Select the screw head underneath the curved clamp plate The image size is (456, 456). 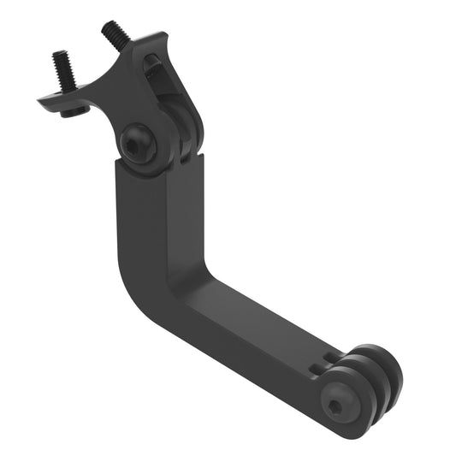click(x=73, y=110)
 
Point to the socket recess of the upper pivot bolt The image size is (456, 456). click(x=136, y=145)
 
